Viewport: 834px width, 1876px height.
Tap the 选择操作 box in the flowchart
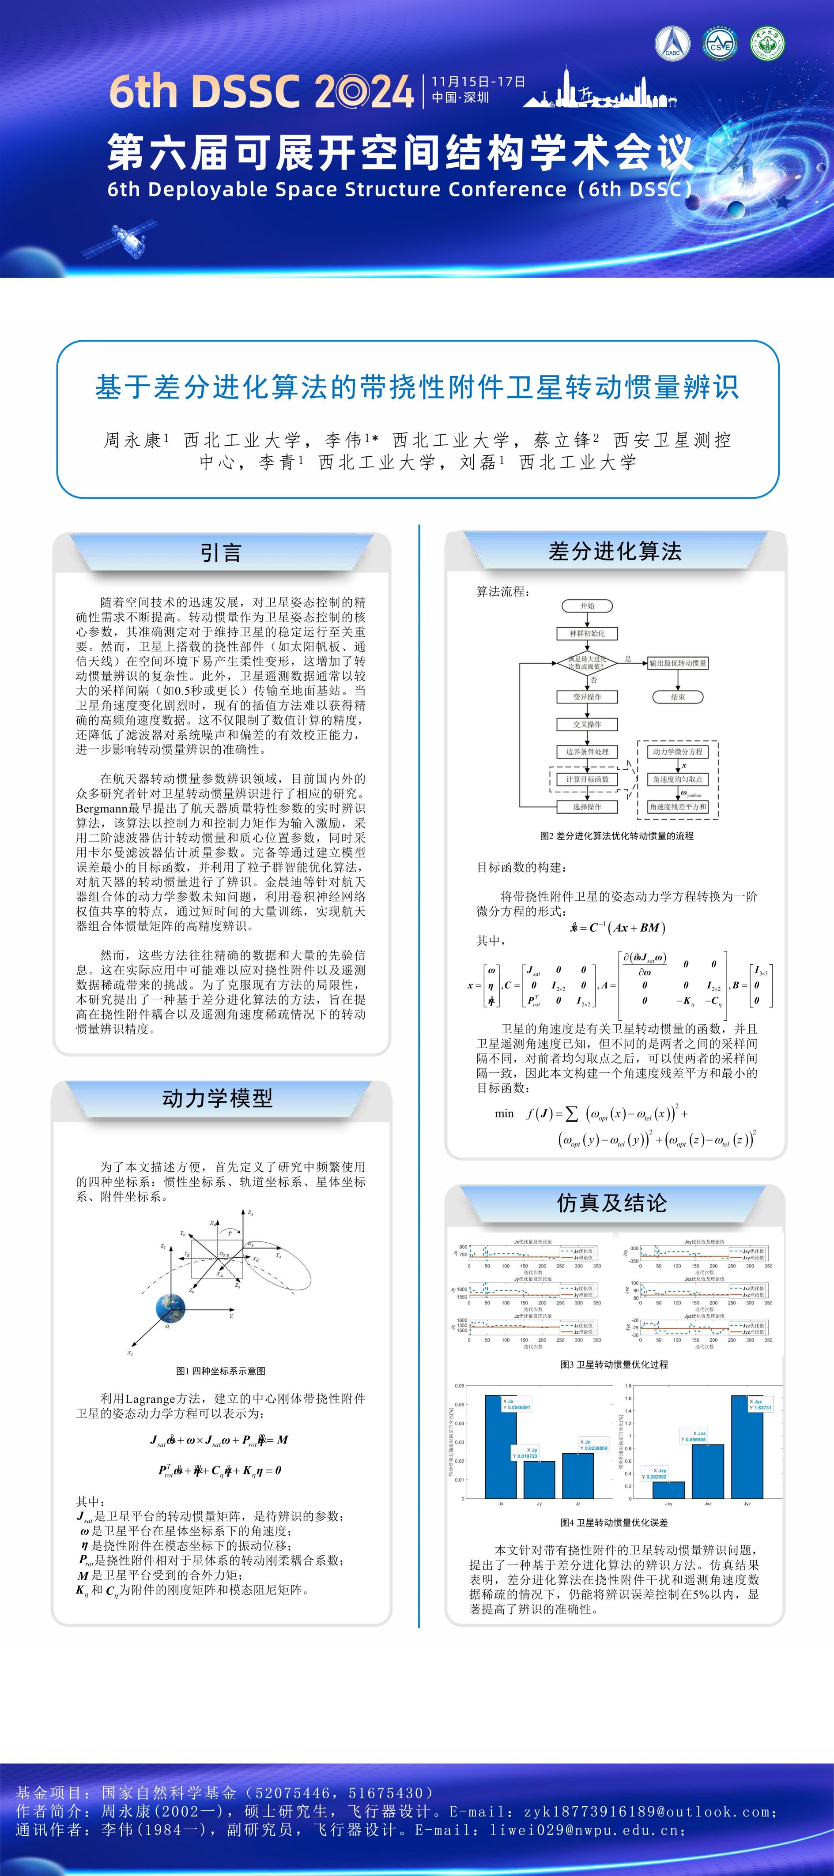[587, 807]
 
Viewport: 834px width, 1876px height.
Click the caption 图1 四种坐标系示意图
[221, 1371]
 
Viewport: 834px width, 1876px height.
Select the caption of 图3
[614, 1364]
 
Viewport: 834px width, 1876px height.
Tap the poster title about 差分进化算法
[417, 387]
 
